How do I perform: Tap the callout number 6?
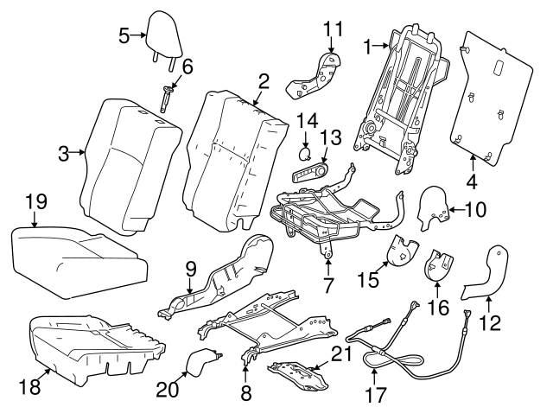(186, 66)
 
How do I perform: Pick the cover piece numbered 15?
(399, 251)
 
